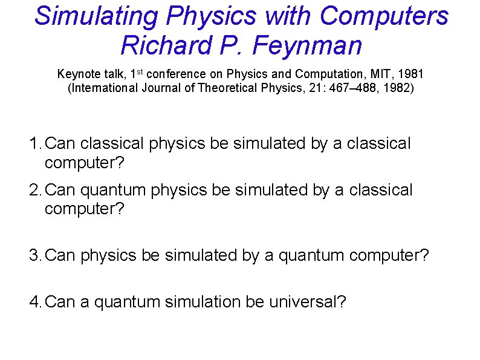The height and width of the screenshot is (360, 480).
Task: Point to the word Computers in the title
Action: coord(384,16)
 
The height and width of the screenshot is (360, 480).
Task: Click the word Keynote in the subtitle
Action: coord(76,74)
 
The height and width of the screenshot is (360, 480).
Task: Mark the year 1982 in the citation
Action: coord(398,89)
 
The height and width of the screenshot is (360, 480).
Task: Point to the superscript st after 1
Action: coord(140,72)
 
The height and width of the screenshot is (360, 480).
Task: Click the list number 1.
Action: coord(35,144)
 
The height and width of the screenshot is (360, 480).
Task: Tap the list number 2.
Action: coord(35,191)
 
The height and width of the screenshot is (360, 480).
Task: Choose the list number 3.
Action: coord(35,255)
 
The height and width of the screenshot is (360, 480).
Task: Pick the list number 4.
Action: coord(35,301)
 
